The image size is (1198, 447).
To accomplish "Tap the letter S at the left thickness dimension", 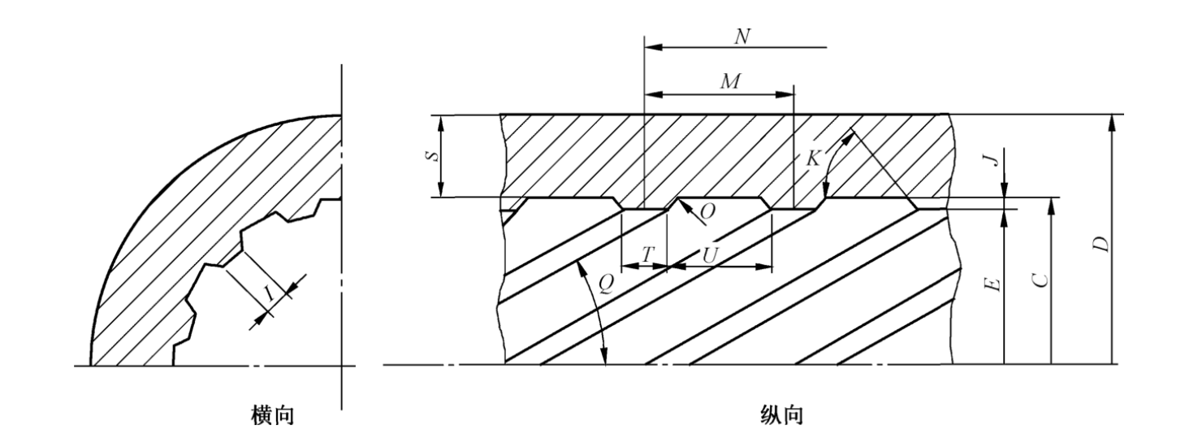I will pos(435,154).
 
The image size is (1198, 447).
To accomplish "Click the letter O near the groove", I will pos(708,210).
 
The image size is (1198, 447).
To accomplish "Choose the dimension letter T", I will pos(647,254).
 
